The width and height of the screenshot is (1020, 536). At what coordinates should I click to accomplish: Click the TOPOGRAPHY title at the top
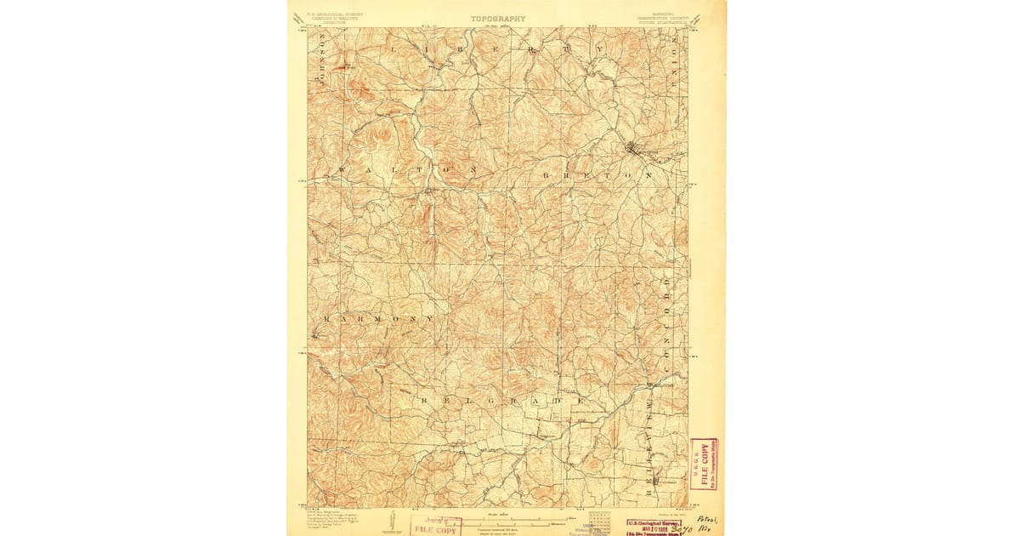(498, 18)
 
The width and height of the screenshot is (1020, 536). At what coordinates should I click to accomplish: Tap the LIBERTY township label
(496, 50)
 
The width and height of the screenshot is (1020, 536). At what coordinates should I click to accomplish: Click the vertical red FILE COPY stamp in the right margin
(704, 465)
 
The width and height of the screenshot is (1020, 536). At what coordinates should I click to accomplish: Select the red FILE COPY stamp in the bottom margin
(436, 527)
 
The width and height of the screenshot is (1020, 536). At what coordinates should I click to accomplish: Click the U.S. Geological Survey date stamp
(658, 527)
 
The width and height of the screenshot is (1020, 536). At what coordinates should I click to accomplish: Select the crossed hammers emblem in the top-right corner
(697, 18)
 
